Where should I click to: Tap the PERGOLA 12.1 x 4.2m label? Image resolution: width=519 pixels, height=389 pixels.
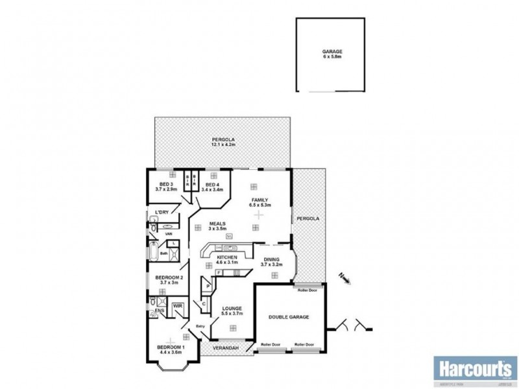point(223,142)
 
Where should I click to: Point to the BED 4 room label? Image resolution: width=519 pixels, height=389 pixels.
point(212,187)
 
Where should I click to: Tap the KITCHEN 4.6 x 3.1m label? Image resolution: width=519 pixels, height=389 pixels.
point(226,260)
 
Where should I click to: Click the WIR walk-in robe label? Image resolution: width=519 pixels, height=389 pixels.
point(177,306)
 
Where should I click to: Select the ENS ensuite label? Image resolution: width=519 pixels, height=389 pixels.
point(159,311)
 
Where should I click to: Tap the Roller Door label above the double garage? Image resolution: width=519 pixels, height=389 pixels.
point(306,290)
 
